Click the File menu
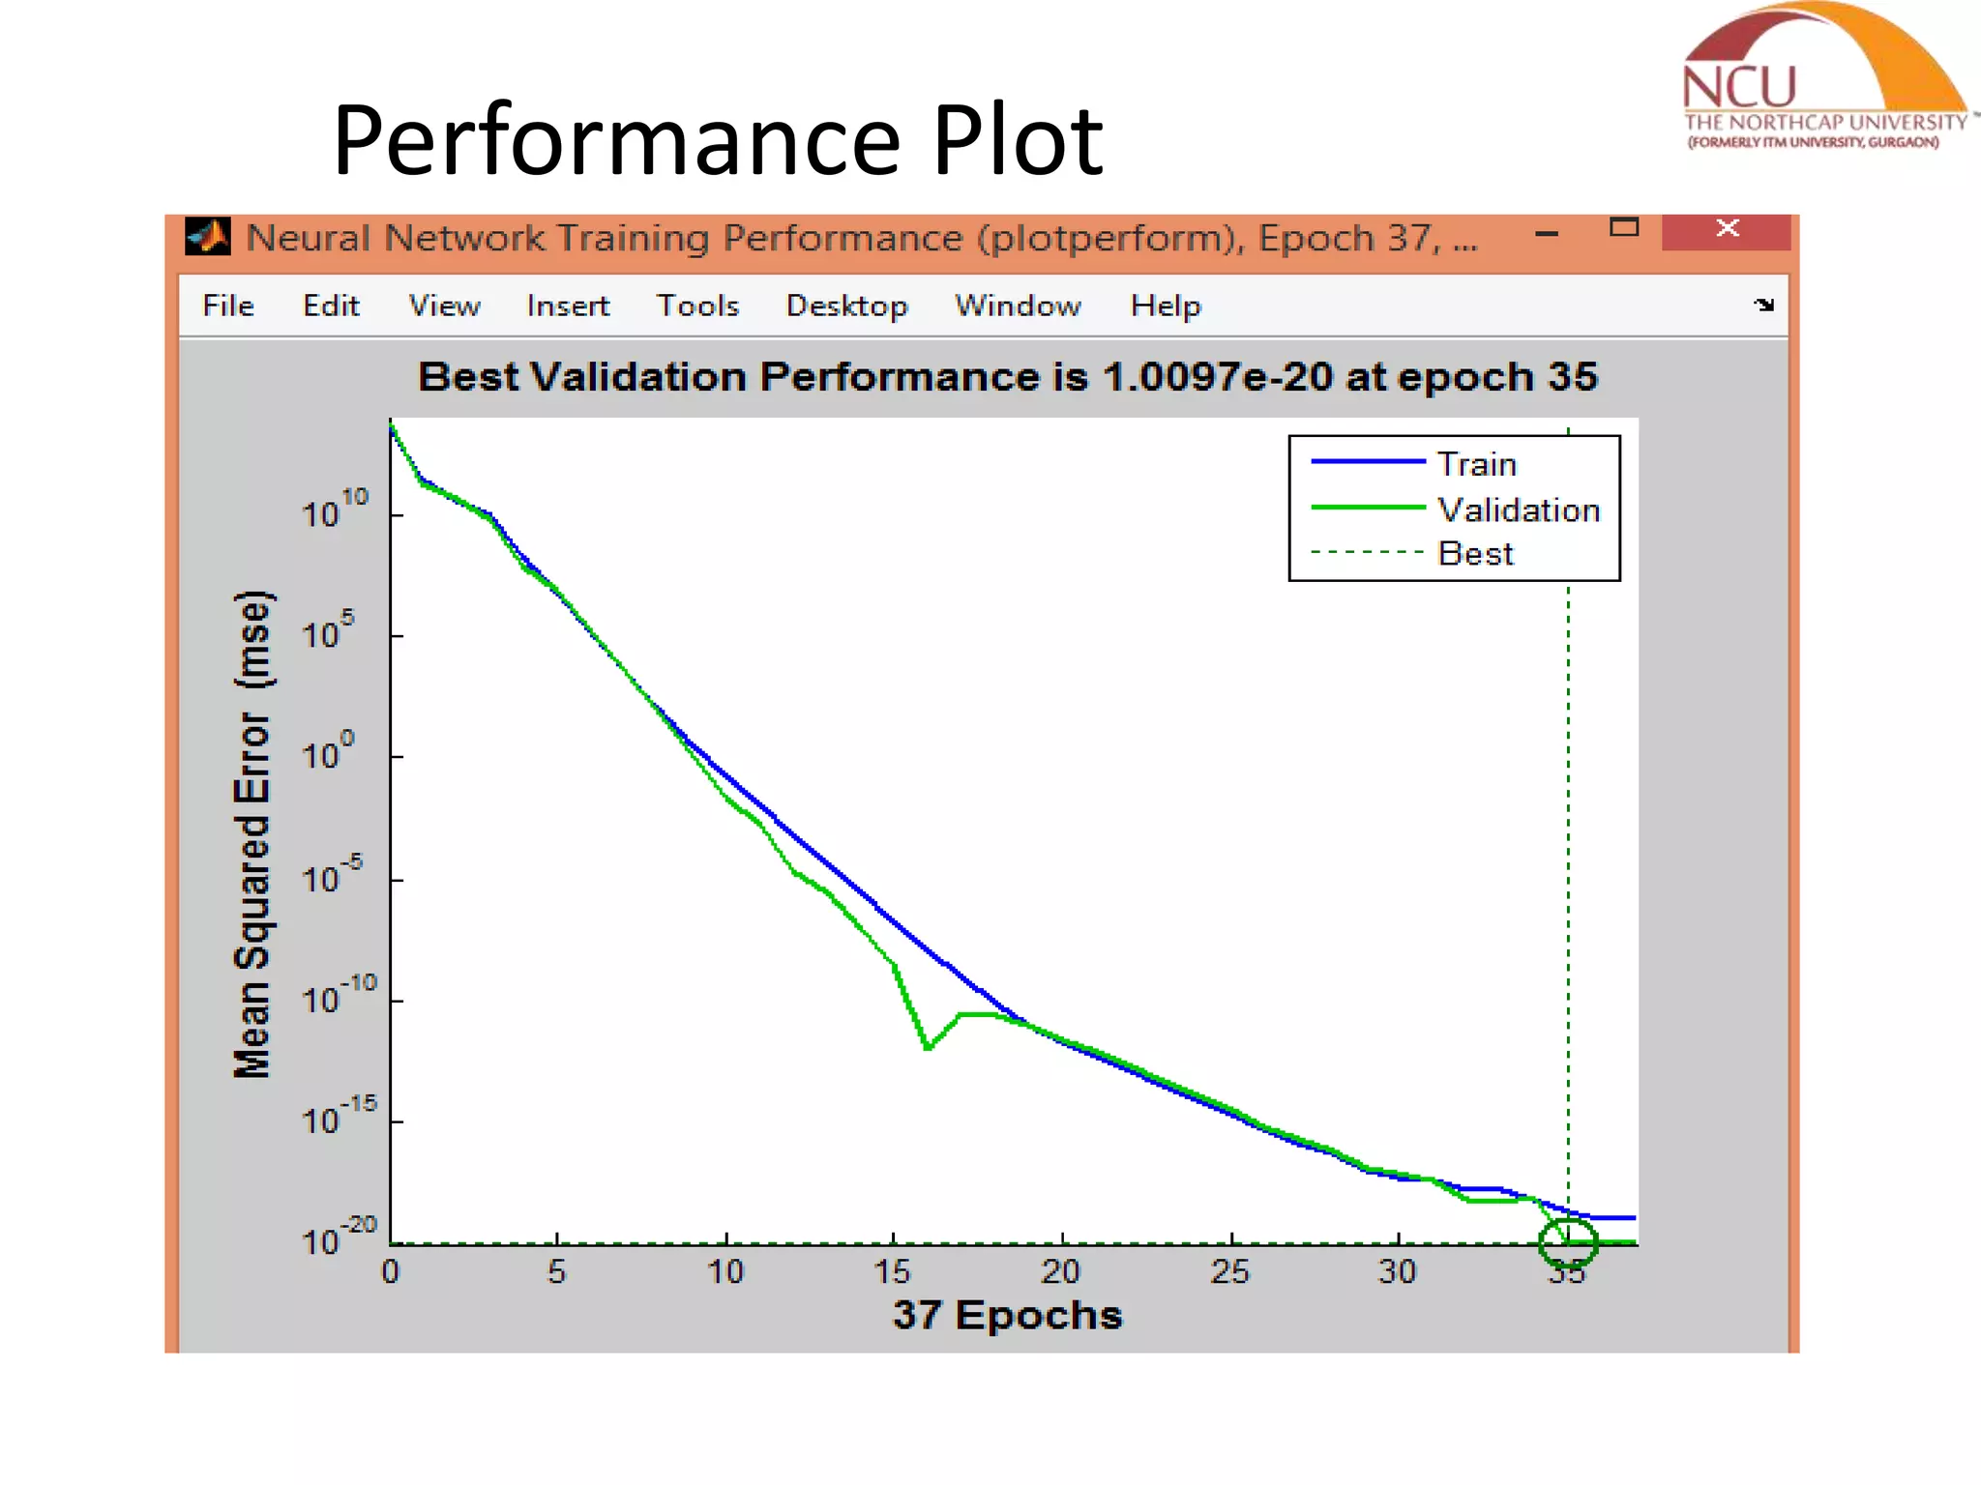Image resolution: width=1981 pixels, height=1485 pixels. coord(228,306)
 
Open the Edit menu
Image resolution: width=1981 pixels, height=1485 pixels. coord(331,306)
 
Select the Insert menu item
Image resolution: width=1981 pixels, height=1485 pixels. coord(568,306)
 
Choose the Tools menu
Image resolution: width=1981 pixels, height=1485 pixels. coord(697,306)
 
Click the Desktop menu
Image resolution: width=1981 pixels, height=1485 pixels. coord(846,306)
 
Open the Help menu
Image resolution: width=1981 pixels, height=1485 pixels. coord(1166,306)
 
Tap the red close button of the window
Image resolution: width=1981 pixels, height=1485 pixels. coord(1727,230)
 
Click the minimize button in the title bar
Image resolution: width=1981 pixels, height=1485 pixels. coord(1547,233)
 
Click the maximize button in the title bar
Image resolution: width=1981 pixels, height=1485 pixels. coord(1624,228)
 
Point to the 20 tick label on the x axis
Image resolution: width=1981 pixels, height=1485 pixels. coord(1061,1271)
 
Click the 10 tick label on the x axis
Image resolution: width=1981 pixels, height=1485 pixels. coord(725,1271)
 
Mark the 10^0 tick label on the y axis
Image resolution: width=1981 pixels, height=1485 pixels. coord(328,752)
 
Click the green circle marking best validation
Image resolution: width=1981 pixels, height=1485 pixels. coord(1568,1242)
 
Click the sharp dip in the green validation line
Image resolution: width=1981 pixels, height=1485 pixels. coord(927,1047)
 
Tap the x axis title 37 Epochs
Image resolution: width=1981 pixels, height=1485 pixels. coord(1007,1315)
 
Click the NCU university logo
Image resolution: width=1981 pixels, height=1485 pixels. coord(1823,82)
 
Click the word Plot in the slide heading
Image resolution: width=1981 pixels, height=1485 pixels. coord(1017,141)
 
